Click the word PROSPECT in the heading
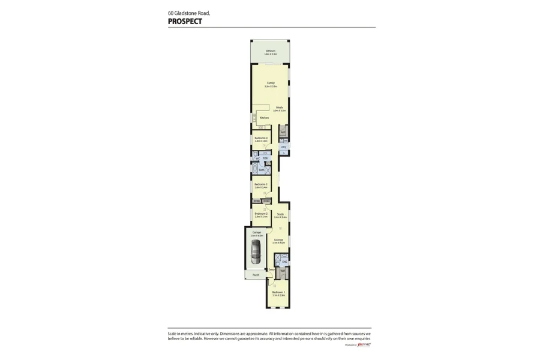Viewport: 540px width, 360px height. (185, 21)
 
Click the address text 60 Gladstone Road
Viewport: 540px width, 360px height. (188, 13)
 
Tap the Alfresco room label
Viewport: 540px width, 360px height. (271, 51)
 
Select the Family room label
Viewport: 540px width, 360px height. (271, 83)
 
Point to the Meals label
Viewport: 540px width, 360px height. (279, 107)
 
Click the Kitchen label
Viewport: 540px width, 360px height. (263, 118)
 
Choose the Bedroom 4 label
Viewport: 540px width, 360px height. (261, 138)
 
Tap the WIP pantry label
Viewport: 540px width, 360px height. (283, 132)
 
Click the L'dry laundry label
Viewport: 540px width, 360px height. (283, 146)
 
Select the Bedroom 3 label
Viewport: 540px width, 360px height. (261, 184)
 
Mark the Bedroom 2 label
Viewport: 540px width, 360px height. (261, 214)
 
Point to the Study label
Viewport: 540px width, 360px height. (280, 214)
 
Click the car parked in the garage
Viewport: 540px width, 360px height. (256, 253)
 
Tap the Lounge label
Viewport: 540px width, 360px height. (278, 240)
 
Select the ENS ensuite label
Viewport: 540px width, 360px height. (284, 262)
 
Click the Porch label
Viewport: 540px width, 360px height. (256, 275)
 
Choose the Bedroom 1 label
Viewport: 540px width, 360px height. (278, 292)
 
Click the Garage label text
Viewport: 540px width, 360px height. (256, 232)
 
